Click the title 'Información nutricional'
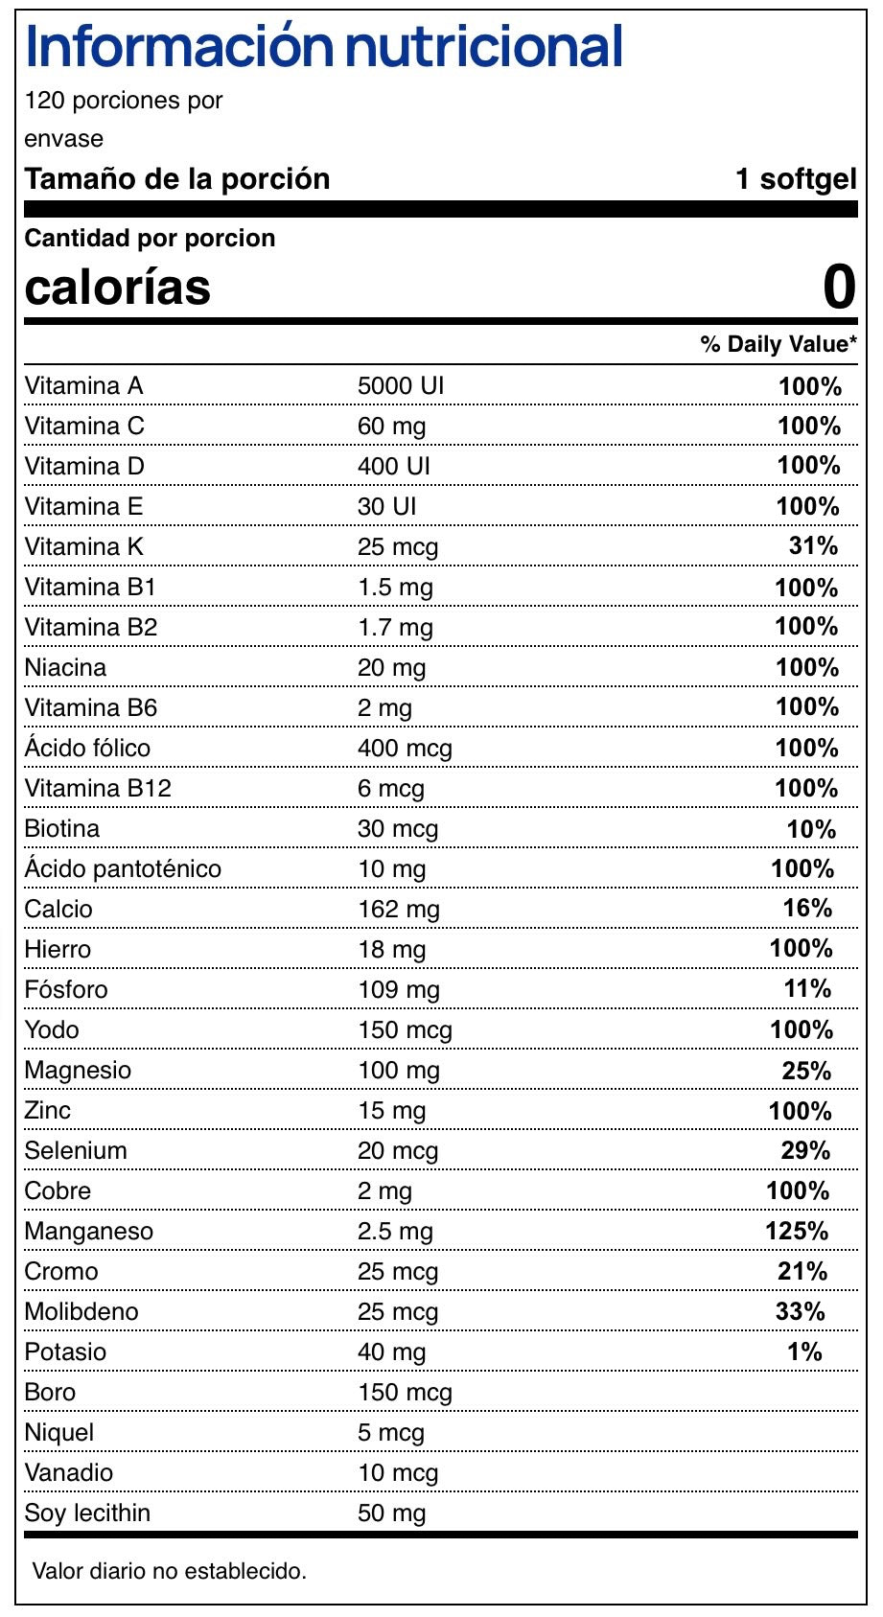pyautogui.click(x=324, y=47)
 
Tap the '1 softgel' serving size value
pyautogui.click(x=796, y=179)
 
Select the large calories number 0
pyautogui.click(x=839, y=287)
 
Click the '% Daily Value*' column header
pyautogui.click(x=778, y=344)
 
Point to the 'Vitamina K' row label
pyautogui.click(x=84, y=546)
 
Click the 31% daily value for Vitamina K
pyautogui.click(x=813, y=546)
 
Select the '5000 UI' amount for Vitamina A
pyautogui.click(x=401, y=385)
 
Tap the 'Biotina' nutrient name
pyautogui.click(x=62, y=828)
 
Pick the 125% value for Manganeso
pyautogui.click(x=797, y=1231)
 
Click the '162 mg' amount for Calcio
pyautogui.click(x=398, y=909)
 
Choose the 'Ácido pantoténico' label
pyautogui.click(x=123, y=868)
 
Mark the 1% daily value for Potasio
pyautogui.click(x=805, y=1351)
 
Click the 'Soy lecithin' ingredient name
pyautogui.click(x=87, y=1513)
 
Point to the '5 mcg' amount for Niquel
pyautogui.click(x=390, y=1432)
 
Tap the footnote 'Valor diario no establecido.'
pyautogui.click(x=170, y=1571)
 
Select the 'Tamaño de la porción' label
pyautogui.click(x=177, y=179)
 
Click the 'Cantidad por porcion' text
pyautogui.click(x=150, y=238)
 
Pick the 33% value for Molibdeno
pyautogui.click(x=801, y=1311)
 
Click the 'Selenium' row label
pyautogui.click(x=76, y=1150)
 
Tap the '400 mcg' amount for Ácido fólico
pyautogui.click(x=405, y=748)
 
